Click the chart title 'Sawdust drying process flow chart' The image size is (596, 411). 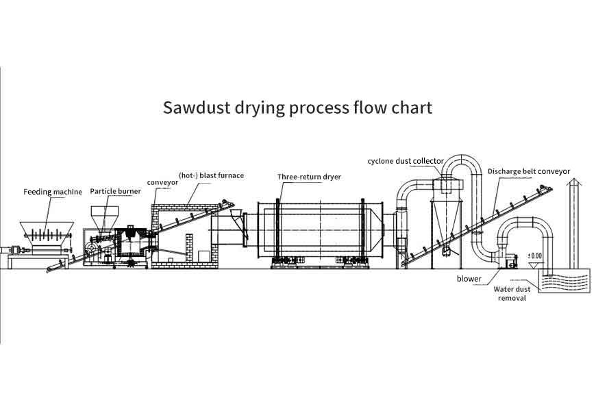point(297,108)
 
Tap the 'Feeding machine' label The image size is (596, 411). point(53,192)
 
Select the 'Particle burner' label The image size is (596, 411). point(115,192)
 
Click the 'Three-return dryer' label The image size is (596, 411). point(309,177)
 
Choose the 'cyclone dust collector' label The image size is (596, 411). point(406,161)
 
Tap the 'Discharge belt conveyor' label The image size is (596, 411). point(530,171)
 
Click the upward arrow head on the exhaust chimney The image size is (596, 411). point(574,182)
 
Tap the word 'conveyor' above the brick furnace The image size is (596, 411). point(163,183)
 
